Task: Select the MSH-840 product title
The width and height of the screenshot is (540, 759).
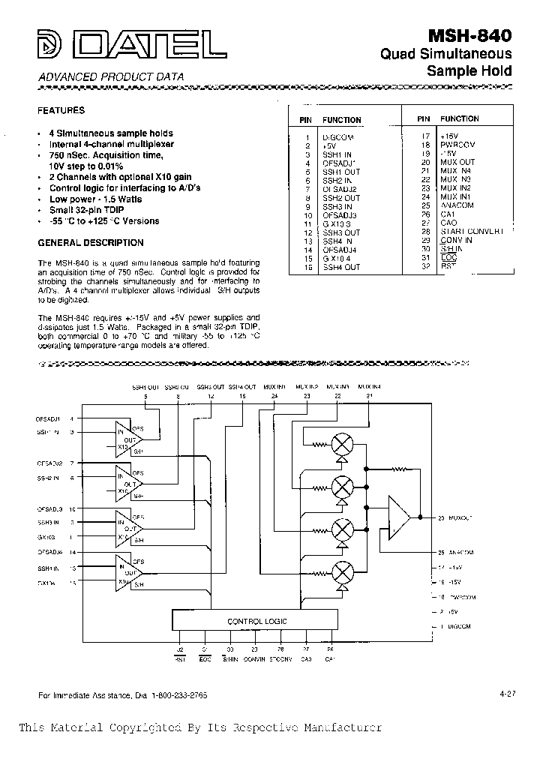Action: click(470, 35)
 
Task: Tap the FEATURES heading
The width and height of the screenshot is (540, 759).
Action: click(61, 110)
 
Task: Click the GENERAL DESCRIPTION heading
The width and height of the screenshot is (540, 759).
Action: click(90, 243)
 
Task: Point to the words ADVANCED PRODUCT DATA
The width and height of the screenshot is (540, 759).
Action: click(110, 77)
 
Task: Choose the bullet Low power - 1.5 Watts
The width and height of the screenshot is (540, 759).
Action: click(95, 199)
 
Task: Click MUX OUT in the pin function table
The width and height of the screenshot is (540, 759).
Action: click(457, 162)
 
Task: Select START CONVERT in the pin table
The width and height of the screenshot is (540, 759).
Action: click(471, 232)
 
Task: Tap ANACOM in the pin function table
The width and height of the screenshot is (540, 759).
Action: click(457, 205)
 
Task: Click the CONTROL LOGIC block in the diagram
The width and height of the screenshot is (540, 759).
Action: click(257, 621)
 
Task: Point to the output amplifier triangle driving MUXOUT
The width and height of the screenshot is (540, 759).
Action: click(397, 517)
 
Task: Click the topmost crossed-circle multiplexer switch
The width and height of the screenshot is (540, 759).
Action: click(342, 445)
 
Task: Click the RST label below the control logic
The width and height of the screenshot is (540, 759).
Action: click(180, 659)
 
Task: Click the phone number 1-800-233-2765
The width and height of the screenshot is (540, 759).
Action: click(178, 695)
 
